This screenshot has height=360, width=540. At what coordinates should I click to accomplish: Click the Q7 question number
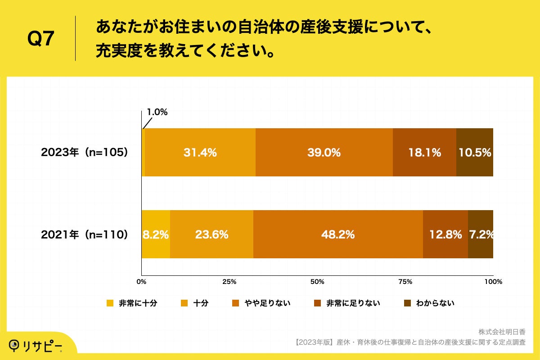[41, 40]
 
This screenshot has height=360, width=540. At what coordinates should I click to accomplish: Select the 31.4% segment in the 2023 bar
[200, 153]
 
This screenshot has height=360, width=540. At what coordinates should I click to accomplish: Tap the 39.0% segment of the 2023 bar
[324, 153]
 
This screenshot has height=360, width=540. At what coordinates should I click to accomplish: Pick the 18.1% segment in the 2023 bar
[424, 153]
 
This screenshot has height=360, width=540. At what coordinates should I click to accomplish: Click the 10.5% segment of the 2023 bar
[475, 153]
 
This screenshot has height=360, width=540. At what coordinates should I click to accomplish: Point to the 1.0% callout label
[157, 112]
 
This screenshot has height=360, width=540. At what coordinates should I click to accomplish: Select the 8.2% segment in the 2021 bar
[156, 234]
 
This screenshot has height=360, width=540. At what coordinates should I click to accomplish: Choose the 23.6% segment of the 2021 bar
[211, 234]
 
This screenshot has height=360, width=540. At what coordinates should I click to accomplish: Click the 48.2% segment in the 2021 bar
[338, 234]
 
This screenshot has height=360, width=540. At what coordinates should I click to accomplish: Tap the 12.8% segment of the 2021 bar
[445, 234]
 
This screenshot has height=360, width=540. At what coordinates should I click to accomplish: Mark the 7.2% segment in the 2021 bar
[481, 234]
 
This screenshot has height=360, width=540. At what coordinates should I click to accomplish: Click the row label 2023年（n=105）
[85, 153]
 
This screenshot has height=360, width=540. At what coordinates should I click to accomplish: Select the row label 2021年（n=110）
[85, 234]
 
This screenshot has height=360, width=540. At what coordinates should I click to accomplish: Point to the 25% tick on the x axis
[229, 282]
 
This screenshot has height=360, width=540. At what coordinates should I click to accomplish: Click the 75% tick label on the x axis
[405, 282]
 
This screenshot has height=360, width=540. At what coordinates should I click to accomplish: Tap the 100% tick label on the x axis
[493, 282]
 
